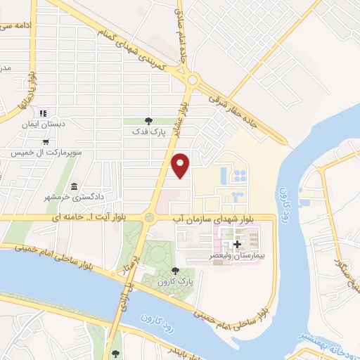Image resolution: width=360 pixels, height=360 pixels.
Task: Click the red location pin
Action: coord(181,165)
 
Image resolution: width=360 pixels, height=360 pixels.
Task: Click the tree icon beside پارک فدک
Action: coord(148,120)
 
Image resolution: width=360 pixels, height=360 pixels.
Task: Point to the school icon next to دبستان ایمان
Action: coord(42,112)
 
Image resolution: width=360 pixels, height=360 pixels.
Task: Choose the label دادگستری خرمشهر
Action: coord(79,197)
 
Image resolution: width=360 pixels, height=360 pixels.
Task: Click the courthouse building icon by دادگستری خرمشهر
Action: coord(74,187)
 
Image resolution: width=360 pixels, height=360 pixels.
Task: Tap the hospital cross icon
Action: coord(237,245)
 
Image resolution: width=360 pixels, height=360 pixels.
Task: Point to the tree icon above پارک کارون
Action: coord(175,271)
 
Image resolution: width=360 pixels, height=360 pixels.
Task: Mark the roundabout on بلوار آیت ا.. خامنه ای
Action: coord(149,218)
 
